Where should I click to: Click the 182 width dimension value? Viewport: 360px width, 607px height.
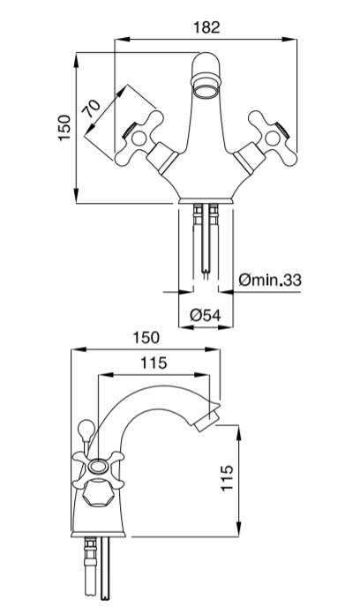206,27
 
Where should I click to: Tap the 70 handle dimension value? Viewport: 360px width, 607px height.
91,109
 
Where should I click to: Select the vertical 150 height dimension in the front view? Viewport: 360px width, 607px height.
65,128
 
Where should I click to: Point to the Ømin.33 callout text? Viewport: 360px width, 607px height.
270,280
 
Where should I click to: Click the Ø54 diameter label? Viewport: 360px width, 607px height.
206,315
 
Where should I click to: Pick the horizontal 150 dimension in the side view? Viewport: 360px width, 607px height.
146,338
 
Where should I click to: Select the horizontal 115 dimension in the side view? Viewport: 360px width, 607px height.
154,363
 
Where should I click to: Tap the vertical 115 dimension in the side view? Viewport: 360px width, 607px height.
228,478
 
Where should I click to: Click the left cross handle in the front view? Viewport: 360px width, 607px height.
139,139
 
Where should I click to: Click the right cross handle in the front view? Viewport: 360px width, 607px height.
274,139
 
